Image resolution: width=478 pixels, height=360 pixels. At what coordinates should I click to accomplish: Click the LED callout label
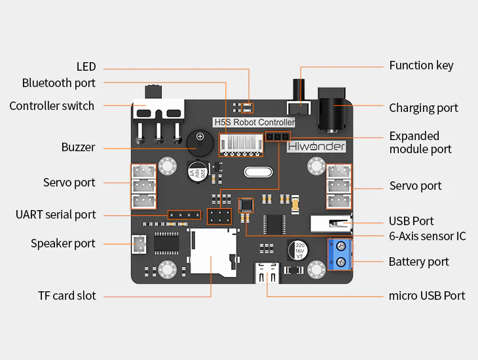(x=86, y=67)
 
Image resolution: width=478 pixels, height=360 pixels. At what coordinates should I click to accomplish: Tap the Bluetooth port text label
(x=58, y=83)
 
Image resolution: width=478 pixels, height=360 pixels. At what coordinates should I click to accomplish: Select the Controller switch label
(x=52, y=106)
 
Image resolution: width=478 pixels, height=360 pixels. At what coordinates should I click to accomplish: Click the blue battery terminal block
(x=340, y=255)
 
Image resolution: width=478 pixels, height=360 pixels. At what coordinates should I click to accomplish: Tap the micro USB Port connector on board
(x=268, y=270)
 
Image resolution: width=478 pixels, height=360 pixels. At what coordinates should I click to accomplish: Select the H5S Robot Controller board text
(x=255, y=122)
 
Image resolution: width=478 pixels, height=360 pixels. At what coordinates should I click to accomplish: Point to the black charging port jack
(x=334, y=105)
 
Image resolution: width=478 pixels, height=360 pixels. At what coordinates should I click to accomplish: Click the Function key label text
(x=421, y=65)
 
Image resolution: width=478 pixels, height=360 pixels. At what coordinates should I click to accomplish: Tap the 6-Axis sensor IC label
(x=427, y=236)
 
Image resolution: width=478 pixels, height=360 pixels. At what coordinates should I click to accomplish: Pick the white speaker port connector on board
(x=139, y=245)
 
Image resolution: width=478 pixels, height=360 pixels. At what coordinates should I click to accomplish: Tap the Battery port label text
(x=418, y=262)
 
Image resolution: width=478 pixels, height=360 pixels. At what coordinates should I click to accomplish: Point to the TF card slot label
(x=67, y=296)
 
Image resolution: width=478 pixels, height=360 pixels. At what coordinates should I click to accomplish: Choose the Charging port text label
(x=424, y=108)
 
